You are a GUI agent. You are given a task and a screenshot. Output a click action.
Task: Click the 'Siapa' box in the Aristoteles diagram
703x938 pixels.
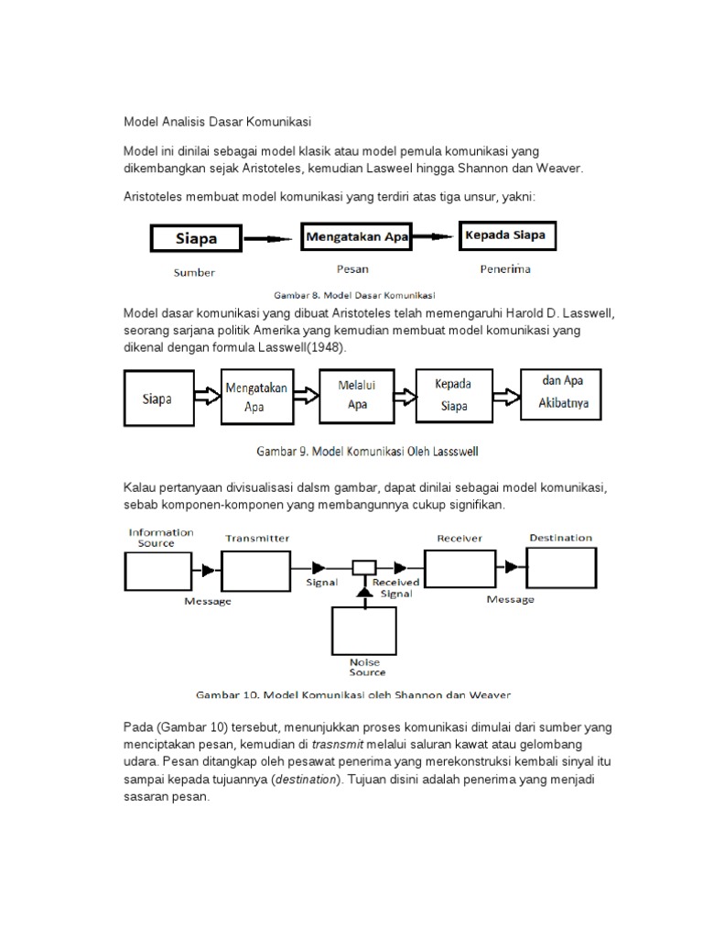pyautogui.click(x=195, y=239)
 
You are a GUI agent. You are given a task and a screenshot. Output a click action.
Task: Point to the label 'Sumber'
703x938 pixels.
pyautogui.click(x=194, y=272)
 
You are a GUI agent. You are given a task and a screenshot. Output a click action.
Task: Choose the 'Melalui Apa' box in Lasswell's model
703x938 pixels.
pyautogui.click(x=358, y=396)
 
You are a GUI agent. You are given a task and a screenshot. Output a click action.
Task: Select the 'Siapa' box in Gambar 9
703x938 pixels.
pyautogui.click(x=157, y=399)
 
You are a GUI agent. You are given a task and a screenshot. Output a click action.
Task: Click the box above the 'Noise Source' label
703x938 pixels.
pyautogui.click(x=364, y=631)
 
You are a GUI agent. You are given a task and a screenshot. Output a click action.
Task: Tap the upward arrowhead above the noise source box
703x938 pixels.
pyautogui.click(x=364, y=594)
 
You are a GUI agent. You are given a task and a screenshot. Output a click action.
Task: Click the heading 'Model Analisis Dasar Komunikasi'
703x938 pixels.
pyautogui.click(x=218, y=121)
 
